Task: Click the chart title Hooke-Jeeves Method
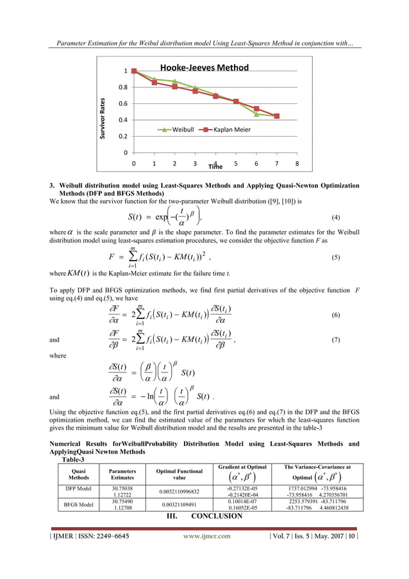point(204,67)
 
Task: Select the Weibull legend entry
point(178,130)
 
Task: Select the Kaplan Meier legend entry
point(224,130)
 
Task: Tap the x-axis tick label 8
point(297,164)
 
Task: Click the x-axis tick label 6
point(256,164)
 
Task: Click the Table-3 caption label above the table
point(72,460)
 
